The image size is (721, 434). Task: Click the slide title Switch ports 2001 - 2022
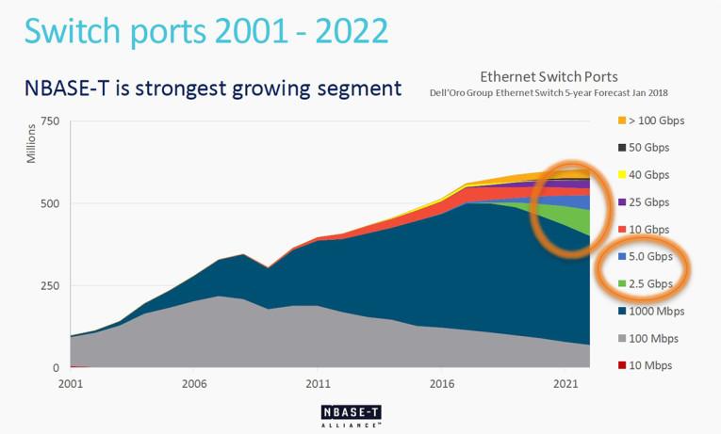[206, 31]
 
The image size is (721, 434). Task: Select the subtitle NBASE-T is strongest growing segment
[213, 88]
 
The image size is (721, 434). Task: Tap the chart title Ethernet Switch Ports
[549, 76]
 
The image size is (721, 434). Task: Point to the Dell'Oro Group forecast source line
[549, 92]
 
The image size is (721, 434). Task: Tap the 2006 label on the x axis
[194, 384]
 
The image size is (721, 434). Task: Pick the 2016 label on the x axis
[441, 384]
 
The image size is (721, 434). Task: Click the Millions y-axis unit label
[31, 141]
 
